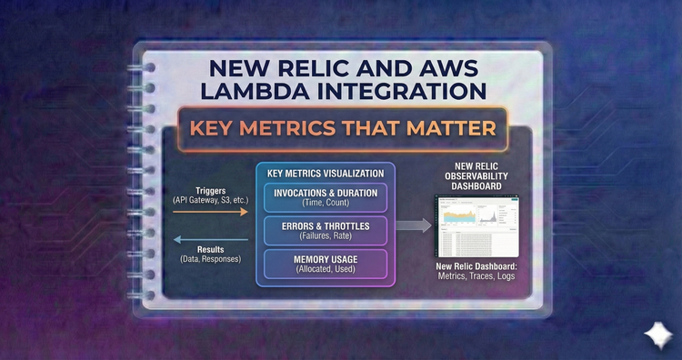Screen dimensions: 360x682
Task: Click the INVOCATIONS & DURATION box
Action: pos(326,197)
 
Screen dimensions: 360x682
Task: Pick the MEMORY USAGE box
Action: pos(326,265)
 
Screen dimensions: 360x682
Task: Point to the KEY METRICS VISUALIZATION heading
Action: pos(326,173)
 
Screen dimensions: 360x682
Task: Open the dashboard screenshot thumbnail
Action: pos(473,225)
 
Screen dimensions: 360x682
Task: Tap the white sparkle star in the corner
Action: pos(654,334)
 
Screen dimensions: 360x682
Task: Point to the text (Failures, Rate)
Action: pos(326,237)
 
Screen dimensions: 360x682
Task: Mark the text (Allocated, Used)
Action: pos(326,271)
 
